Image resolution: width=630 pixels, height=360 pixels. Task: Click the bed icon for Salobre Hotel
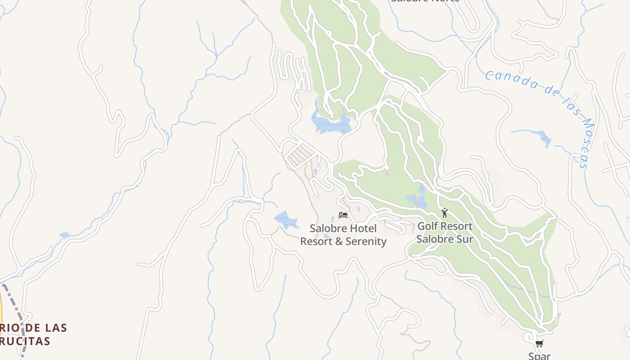coord(343,215)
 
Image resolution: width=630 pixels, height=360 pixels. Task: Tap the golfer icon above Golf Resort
coord(445,213)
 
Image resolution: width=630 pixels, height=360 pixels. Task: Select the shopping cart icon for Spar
coord(539,344)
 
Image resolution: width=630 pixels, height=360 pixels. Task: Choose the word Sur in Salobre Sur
coord(465,239)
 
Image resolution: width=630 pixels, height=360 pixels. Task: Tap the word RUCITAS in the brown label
coord(25,342)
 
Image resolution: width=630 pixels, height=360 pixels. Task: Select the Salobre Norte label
coord(425,1)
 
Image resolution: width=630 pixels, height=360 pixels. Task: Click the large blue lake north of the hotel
coord(331,123)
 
